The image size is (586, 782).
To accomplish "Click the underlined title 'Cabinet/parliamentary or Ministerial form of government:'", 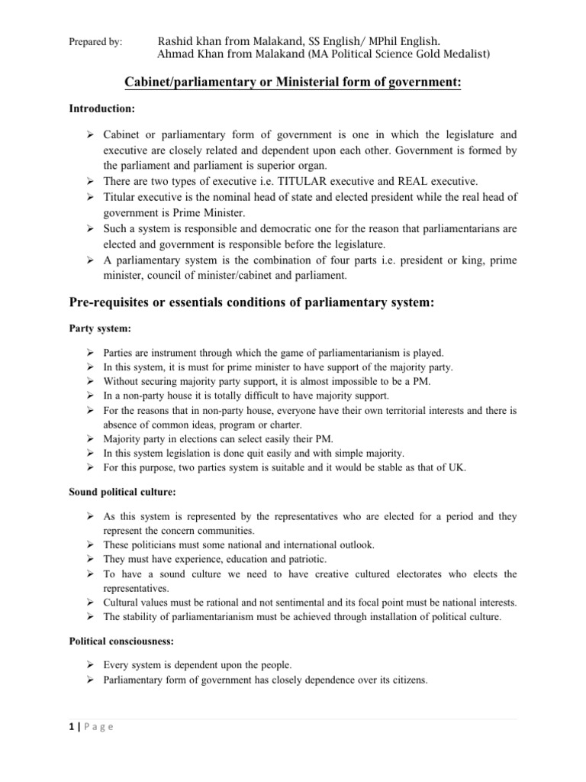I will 293,82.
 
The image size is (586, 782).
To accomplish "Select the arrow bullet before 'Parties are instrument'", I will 90,354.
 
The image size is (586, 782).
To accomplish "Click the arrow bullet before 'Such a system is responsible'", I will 90,228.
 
